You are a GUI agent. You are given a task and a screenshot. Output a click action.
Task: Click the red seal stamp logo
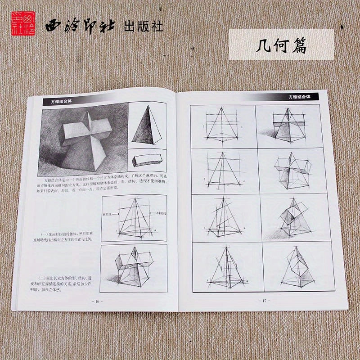[20, 25]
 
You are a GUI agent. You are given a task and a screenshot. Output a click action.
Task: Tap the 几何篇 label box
[281, 45]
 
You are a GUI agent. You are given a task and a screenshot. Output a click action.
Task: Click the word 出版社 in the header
[143, 27]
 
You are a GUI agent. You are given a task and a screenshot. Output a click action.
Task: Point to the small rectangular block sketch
[147, 160]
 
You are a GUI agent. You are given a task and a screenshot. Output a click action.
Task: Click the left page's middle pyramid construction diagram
[134, 219]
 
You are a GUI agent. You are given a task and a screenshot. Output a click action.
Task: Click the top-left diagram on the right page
[222, 126]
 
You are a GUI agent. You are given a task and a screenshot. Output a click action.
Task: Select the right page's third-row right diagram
[293, 218]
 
